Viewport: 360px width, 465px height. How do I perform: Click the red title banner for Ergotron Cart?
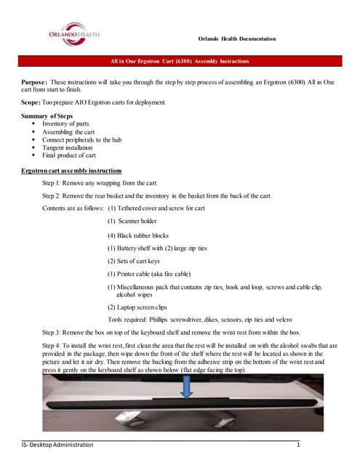click(180, 61)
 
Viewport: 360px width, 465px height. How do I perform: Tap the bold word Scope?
click(31, 102)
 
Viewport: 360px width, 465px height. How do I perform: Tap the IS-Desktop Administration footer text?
click(58, 444)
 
